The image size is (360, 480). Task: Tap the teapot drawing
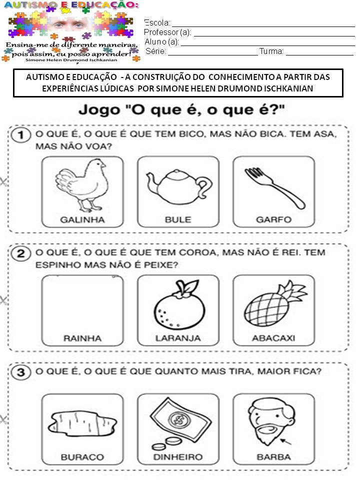point(179,186)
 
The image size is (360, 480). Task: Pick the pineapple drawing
point(275,305)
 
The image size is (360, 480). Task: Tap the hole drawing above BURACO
point(82,424)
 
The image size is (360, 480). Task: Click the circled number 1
point(21,135)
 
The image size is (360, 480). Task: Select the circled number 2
point(21,253)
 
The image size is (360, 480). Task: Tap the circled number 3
point(21,372)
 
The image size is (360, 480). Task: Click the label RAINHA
point(82,338)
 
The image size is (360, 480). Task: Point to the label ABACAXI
point(273,338)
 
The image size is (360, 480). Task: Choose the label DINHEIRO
point(178,457)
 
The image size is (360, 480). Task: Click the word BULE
point(178,219)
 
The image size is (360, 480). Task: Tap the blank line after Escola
point(263,26)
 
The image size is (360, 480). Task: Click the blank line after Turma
point(319,55)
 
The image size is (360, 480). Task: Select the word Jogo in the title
point(99,110)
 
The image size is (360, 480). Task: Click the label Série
point(156,51)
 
